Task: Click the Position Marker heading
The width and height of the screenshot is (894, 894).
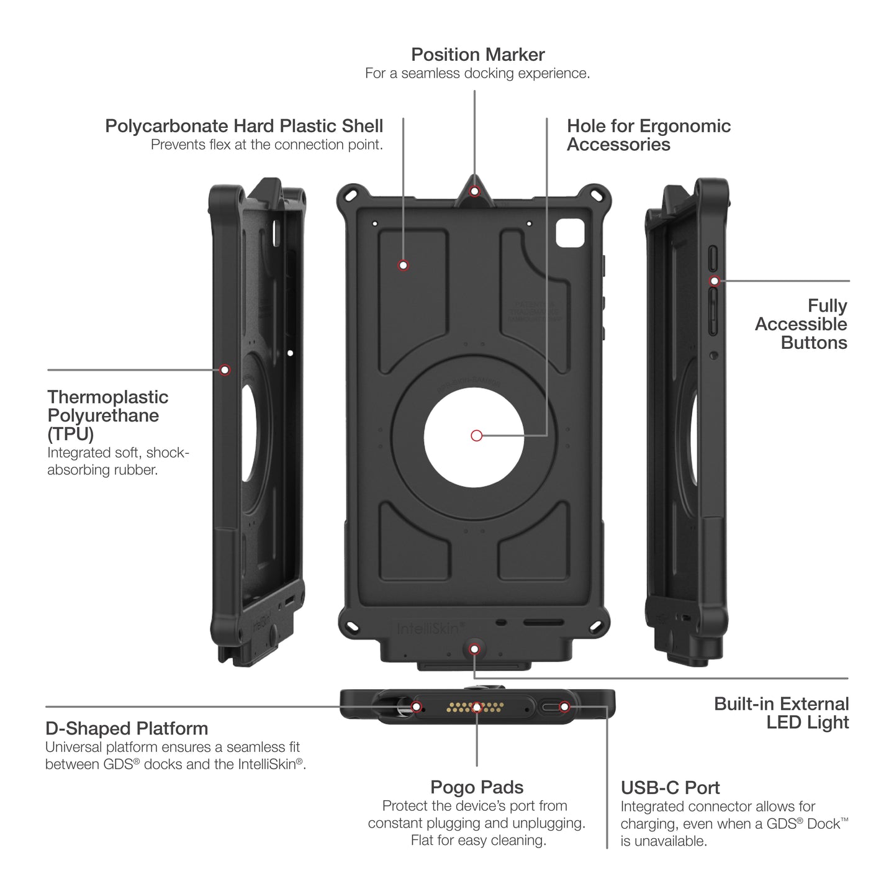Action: click(x=477, y=55)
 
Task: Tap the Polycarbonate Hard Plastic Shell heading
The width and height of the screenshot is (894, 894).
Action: click(x=244, y=126)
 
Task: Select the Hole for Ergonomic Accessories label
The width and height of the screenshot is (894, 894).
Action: click(x=648, y=135)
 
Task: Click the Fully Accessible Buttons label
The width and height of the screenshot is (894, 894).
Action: click(x=801, y=324)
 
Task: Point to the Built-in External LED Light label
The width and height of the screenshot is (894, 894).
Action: click(x=781, y=713)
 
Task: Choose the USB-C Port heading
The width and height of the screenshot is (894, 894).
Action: click(x=670, y=788)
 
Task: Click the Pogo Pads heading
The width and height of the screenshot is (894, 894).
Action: click(x=477, y=787)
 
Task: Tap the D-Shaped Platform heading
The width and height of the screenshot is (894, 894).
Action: click(x=127, y=728)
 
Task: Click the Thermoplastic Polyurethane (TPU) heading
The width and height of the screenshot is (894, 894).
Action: click(x=107, y=415)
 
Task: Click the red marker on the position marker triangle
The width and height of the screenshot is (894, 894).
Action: click(x=475, y=191)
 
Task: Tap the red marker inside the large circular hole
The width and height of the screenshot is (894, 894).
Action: click(x=477, y=436)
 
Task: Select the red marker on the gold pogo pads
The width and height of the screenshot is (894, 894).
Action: click(x=477, y=707)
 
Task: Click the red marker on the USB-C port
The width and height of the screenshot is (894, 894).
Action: click(x=564, y=707)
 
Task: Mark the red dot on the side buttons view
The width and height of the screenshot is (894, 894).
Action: click(x=715, y=281)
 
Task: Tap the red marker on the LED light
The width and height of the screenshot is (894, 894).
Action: click(x=475, y=649)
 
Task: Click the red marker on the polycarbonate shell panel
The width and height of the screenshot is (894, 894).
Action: click(x=404, y=266)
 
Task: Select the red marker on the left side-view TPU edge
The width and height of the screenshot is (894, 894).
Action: click(x=225, y=370)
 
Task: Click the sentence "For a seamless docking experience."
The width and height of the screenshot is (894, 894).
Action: click(x=477, y=73)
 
